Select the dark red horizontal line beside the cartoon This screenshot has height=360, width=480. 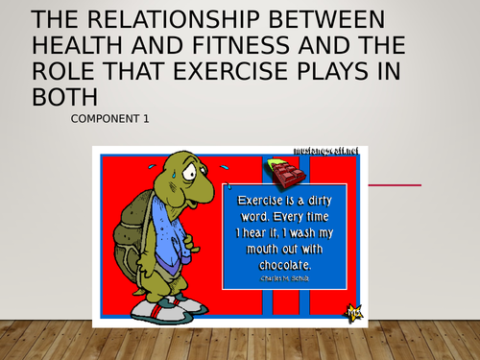pyautogui.click(x=394, y=184)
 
